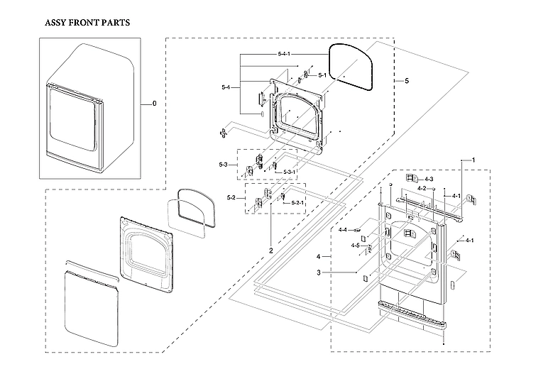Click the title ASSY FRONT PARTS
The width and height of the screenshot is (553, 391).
pos(87,23)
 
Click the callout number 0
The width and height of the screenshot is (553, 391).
pos(154,104)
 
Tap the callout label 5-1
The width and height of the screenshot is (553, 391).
pos(322,75)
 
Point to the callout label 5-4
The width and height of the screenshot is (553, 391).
pos(226,87)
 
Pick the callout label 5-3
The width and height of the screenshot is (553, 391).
pos(223,165)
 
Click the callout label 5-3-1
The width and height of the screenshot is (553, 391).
pos(290,172)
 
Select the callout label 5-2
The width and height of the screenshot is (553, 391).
pos(231,197)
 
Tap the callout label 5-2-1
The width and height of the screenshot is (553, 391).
pos(298,204)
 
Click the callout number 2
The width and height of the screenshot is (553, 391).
pos(270,250)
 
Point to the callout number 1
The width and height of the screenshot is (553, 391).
pos(473,160)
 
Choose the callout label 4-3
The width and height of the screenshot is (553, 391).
pos(429,180)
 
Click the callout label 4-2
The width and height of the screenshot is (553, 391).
pos(422,188)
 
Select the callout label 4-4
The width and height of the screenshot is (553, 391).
pos(343,230)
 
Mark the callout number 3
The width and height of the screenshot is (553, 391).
pos(319,272)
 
